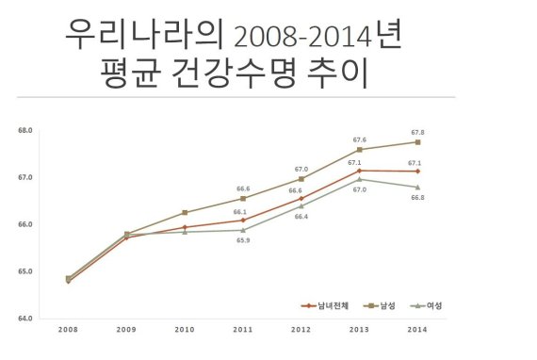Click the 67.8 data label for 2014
pos(416,132)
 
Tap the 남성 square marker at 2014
pos(417,142)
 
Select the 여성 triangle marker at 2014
pos(417,187)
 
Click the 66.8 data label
pos(415,198)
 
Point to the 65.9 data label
pos(242,241)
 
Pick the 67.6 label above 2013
pos(359,139)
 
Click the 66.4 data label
pos(301,217)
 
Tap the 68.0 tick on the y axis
pos(24,130)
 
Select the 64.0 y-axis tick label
pos(24,319)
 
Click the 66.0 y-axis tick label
pos(24,224)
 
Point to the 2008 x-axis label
pos(68,329)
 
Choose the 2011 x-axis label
pos(243,329)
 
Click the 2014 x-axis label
pos(417,329)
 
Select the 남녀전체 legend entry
pos(325,305)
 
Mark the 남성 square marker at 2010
pos(185,213)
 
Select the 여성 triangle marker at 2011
pos(243,230)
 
